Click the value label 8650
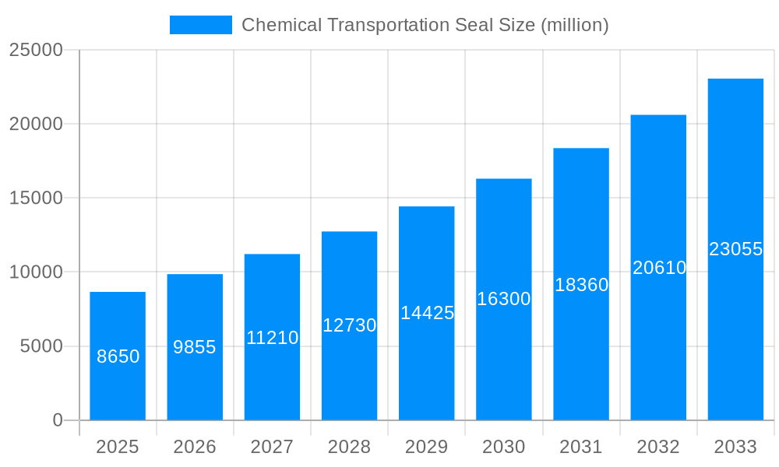coord(118,356)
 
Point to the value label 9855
coord(195,347)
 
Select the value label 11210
coord(272,338)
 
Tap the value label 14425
coord(427,313)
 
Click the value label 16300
coord(504,299)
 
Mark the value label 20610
coord(659,268)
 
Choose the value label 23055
coord(735,249)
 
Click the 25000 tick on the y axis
coord(35,50)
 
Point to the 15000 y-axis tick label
coord(35,198)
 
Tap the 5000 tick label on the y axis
coord(41,346)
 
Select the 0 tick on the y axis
coord(58,420)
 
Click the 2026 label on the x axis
coord(195,447)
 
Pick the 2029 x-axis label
coord(427,447)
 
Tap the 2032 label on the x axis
coord(658,447)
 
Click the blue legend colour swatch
coord(201,25)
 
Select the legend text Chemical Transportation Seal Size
coord(425,25)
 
